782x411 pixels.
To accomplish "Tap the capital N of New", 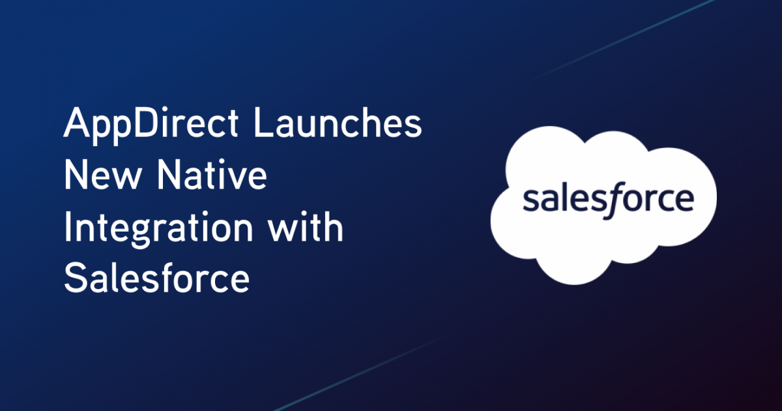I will (77, 177).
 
